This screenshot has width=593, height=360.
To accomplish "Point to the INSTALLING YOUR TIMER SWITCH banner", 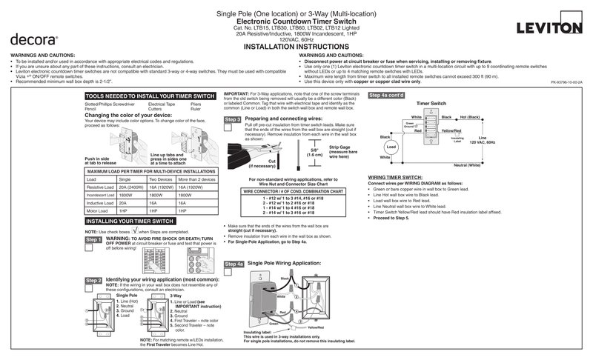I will click(x=130, y=221).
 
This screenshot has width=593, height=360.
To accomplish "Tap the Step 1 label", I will click(x=93, y=240).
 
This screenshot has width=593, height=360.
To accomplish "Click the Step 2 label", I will click(x=93, y=281).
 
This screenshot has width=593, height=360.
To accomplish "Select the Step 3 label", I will click(x=233, y=119).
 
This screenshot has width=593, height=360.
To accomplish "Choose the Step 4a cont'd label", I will click(x=387, y=96).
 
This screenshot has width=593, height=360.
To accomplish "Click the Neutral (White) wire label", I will click(x=463, y=165).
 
